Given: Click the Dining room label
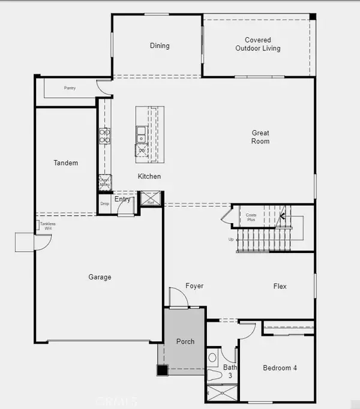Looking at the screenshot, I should [160, 46].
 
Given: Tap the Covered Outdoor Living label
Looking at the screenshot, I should [258, 44].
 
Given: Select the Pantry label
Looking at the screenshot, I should [70, 88].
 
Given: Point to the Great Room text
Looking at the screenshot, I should [260, 137].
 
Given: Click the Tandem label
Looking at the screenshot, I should [65, 163].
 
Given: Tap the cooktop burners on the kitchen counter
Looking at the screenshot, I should [104, 137].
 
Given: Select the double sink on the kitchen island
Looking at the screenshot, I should [140, 135].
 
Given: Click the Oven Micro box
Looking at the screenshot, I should [105, 183].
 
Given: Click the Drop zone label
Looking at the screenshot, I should [105, 204].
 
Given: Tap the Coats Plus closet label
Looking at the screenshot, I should [251, 217].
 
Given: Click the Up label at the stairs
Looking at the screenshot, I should [232, 239].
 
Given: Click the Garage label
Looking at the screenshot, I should [100, 277].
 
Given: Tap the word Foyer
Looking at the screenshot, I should [194, 286].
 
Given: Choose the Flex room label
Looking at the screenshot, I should [280, 286].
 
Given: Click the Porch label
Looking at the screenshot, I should [185, 341].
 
